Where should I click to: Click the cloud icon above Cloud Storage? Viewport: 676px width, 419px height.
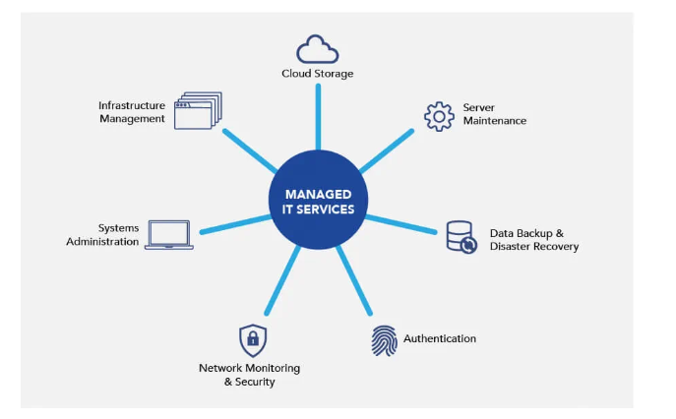(x=318, y=49)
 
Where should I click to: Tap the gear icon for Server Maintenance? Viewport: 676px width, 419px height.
(x=438, y=115)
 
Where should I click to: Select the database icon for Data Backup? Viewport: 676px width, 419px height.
(x=460, y=236)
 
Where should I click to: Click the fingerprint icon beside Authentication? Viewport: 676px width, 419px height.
(x=385, y=340)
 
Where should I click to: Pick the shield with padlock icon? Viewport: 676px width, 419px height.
(x=253, y=340)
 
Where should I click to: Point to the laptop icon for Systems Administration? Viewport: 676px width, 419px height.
(x=169, y=234)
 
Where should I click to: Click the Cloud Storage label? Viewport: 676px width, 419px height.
(x=317, y=74)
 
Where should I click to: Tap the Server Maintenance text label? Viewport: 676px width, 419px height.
(x=494, y=114)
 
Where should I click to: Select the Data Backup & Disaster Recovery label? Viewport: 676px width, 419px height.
(x=533, y=240)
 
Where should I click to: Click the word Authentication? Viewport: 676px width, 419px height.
(x=440, y=338)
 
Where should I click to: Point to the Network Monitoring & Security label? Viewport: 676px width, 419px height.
(x=249, y=375)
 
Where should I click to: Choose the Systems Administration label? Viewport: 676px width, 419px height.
(x=102, y=234)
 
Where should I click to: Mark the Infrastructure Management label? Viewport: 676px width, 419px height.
(x=131, y=112)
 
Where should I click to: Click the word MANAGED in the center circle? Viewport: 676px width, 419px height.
(x=317, y=194)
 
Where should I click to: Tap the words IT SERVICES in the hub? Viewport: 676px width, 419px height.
(x=317, y=209)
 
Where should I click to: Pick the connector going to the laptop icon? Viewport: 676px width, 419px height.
(x=236, y=225)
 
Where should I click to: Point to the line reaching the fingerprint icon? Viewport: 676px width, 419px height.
(x=353, y=284)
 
